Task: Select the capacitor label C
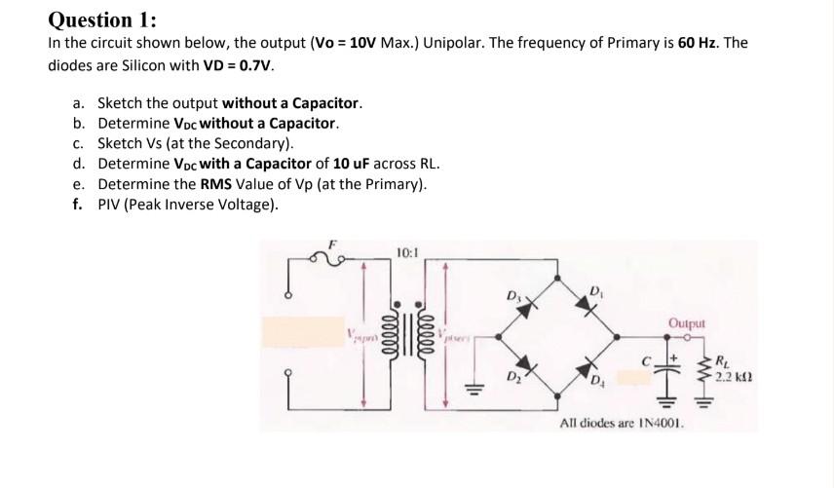645,360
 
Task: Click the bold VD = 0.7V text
241,66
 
